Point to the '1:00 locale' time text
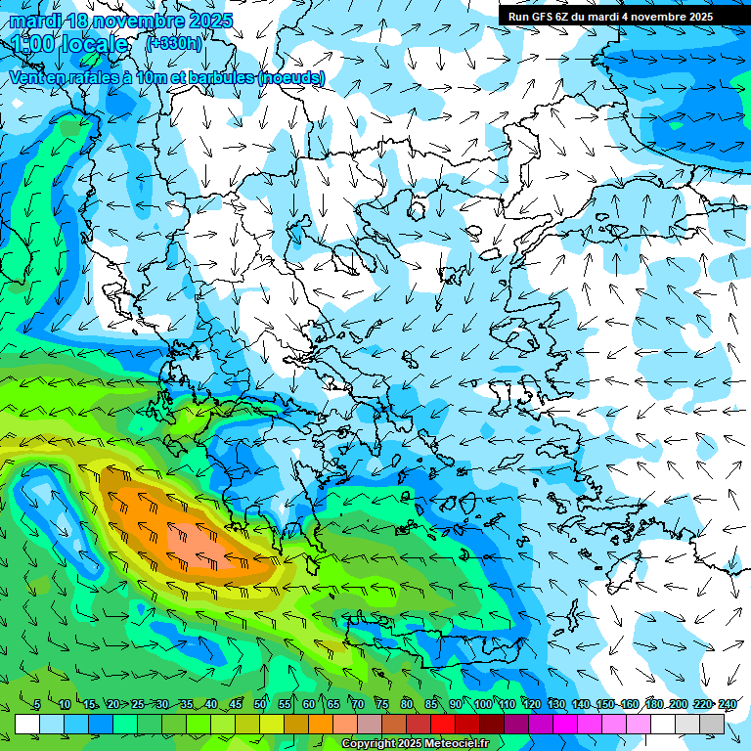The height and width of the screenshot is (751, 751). click(70, 45)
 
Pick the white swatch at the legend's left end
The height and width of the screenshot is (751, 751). click(27, 724)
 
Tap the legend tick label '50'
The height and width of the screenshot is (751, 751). click(260, 705)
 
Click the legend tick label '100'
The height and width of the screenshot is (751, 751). click(482, 705)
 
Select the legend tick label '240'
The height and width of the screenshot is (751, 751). click(728, 705)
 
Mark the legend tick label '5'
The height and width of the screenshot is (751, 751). click(37, 705)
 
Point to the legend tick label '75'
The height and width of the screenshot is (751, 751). click(382, 705)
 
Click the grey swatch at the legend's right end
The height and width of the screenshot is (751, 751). click(712, 724)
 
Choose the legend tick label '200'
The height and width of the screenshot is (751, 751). click(679, 705)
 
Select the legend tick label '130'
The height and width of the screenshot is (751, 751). click(556, 705)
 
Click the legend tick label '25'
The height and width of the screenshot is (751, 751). click(138, 705)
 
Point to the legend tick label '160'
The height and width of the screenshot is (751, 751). click(630, 705)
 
